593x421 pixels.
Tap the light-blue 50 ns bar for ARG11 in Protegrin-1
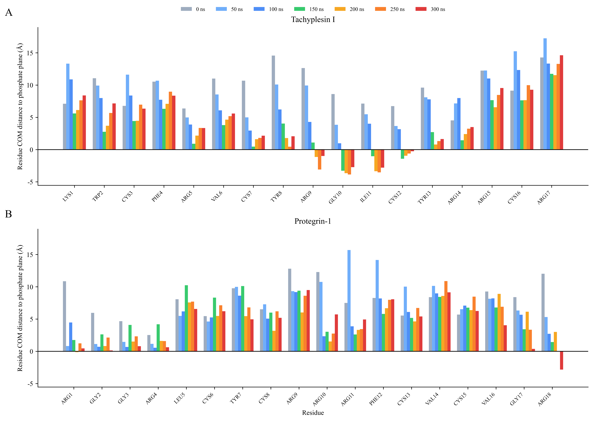(349, 301)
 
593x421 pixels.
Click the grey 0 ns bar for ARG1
(64, 316)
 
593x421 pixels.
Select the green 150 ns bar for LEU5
(186, 318)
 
